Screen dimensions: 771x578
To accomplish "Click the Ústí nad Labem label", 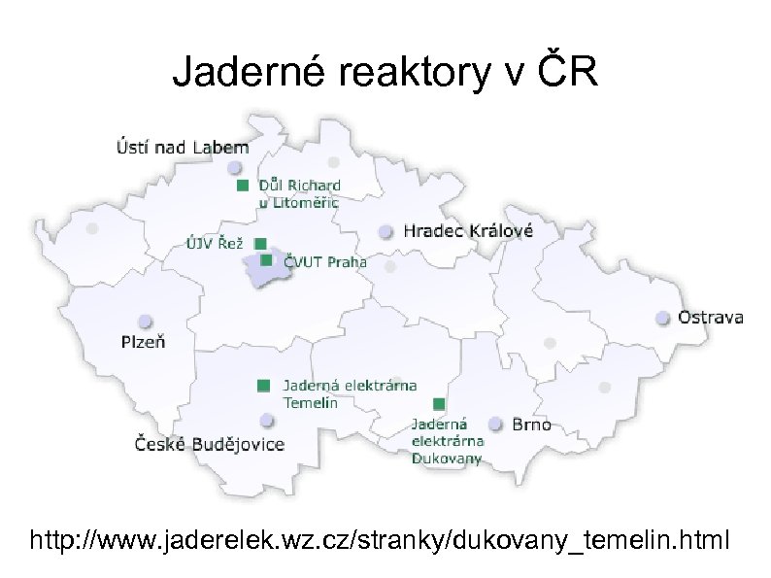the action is pyautogui.click(x=182, y=148).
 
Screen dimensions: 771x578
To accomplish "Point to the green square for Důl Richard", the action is pyautogui.click(x=242, y=185).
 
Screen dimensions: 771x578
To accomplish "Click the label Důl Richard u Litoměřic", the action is pyautogui.click(x=298, y=193).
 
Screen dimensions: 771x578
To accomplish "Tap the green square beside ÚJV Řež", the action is pyautogui.click(x=259, y=243).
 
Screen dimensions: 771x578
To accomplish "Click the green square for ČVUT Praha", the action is pyautogui.click(x=266, y=260).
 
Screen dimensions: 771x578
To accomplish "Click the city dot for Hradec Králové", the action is pyautogui.click(x=386, y=231).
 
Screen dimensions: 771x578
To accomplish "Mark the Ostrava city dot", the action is pyautogui.click(x=662, y=318).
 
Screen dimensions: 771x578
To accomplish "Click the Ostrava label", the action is pyautogui.click(x=711, y=318).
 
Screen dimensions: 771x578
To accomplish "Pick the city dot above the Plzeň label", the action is pyautogui.click(x=146, y=322).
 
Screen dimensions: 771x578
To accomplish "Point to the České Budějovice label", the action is pyautogui.click(x=209, y=444).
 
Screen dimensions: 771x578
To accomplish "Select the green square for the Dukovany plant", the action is pyautogui.click(x=439, y=403).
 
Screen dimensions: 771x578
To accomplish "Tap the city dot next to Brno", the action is pyautogui.click(x=496, y=424).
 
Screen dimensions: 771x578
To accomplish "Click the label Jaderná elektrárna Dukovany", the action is pyautogui.click(x=446, y=441).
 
